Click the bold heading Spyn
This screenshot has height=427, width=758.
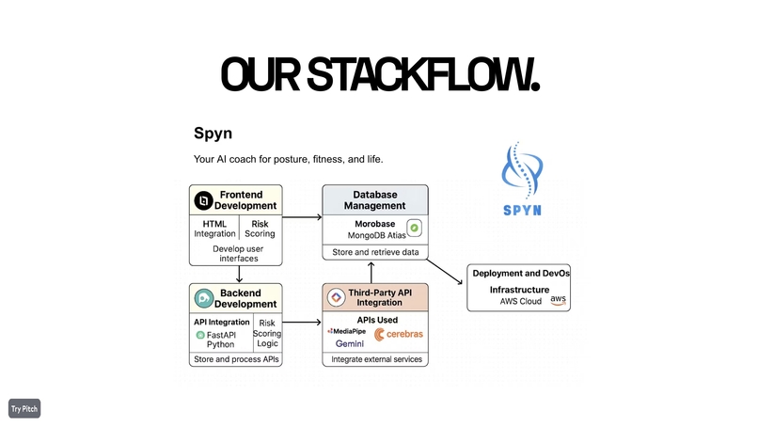point(212,134)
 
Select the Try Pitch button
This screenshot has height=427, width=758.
point(24,408)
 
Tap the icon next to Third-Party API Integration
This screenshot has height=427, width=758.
point(336,298)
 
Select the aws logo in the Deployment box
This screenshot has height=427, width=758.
point(559,300)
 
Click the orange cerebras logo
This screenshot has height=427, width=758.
point(399,334)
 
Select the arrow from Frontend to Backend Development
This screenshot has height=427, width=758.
point(241,274)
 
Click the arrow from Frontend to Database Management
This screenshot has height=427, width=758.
point(302,217)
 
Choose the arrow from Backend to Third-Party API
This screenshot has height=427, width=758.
point(302,323)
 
